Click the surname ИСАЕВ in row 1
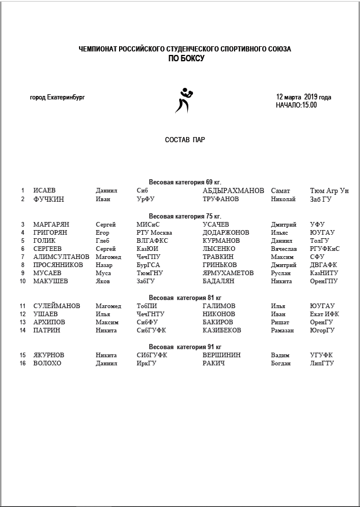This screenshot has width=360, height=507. tap(44, 190)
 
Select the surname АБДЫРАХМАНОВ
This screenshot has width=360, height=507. tap(233, 190)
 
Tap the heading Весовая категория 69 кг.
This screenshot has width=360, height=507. tap(185, 182)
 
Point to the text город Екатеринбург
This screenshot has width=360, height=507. tap(57, 97)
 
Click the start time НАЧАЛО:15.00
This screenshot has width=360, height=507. tap(296, 105)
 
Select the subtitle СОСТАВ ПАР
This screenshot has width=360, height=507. tap(185, 140)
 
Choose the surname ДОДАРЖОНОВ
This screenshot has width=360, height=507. tap(226, 232)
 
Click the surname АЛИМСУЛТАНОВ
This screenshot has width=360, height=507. tap(61, 257)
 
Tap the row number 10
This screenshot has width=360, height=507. tap(23, 281)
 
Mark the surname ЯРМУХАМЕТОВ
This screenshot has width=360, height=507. tap(228, 273)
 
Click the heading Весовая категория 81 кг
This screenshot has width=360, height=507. tap(185, 297)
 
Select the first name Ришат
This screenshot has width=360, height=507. tap(280, 322)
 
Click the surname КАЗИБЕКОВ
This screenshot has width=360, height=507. tap(222, 330)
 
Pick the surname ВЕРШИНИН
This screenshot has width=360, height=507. tap(222, 354)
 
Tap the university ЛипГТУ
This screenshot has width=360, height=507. tap(322, 363)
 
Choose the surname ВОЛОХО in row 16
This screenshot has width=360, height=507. tap(47, 363)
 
